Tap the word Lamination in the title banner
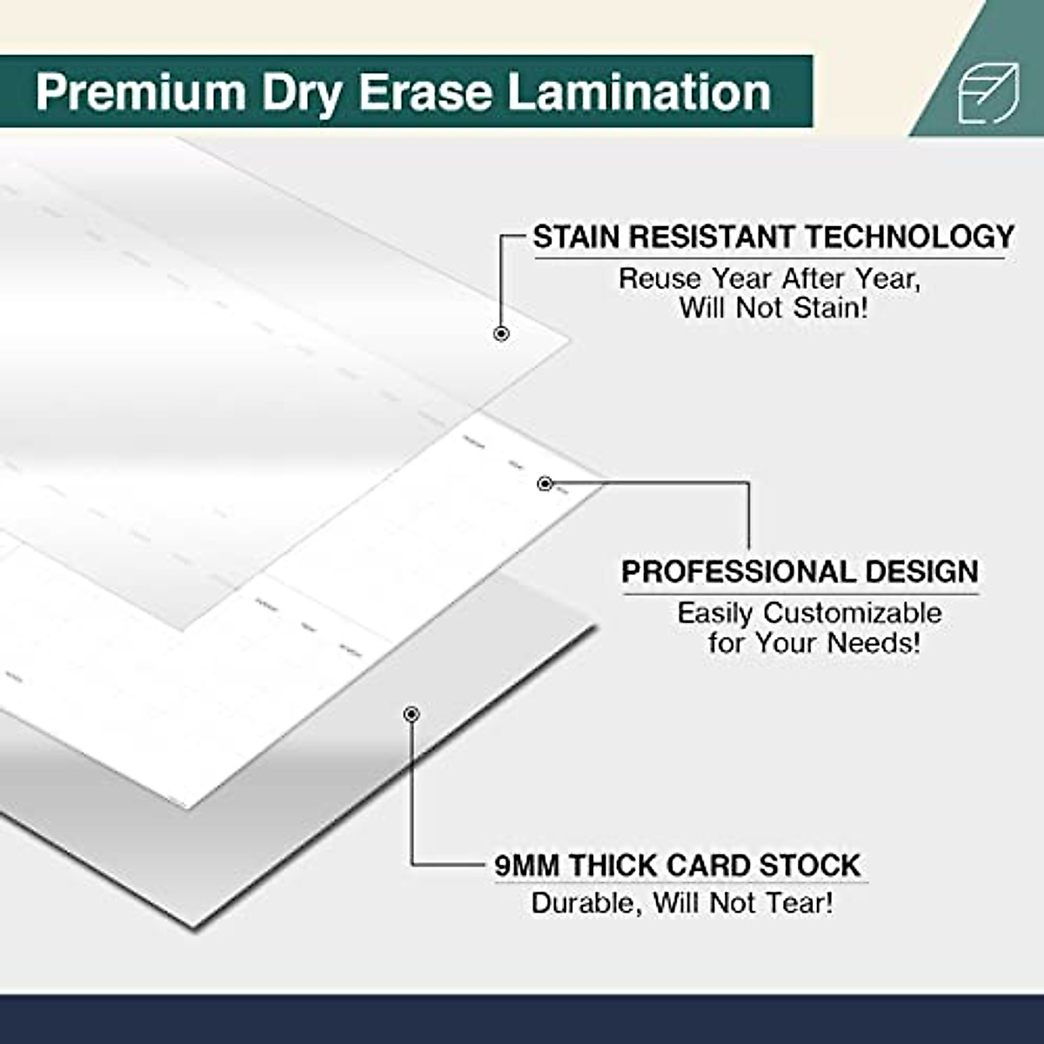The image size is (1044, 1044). click(x=639, y=92)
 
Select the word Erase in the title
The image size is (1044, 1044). click(x=425, y=92)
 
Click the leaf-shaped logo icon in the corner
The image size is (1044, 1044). click(x=987, y=93)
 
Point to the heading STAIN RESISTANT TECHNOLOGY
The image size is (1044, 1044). click(x=773, y=237)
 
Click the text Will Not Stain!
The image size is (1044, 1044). click(x=773, y=308)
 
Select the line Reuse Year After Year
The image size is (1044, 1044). click(x=769, y=278)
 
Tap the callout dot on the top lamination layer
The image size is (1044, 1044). click(x=501, y=333)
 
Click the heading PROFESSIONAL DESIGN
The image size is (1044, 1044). click(x=800, y=572)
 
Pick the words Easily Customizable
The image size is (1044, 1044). click(x=809, y=612)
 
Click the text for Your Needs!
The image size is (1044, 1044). click(x=813, y=643)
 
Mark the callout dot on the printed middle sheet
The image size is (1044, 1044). click(x=545, y=484)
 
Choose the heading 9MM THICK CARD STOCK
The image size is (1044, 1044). click(x=677, y=866)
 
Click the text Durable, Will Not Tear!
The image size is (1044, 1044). click(x=682, y=902)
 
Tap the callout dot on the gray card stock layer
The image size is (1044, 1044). click(x=412, y=714)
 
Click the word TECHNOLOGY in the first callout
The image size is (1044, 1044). click(x=909, y=237)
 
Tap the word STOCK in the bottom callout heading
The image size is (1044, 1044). click(x=809, y=866)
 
